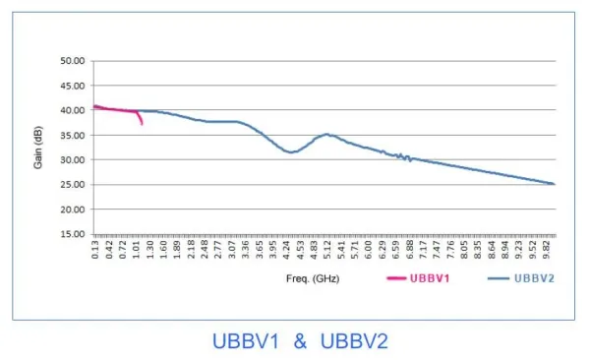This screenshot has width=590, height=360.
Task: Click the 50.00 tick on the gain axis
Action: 74,60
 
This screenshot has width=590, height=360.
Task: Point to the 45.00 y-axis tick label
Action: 74,86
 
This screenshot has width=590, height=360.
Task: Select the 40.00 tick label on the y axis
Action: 74,110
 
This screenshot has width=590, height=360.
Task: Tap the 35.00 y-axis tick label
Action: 74,135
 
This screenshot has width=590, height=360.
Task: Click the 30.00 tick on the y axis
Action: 74,159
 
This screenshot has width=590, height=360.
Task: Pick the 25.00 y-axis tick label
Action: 74,185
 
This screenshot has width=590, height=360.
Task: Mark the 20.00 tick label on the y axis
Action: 74,210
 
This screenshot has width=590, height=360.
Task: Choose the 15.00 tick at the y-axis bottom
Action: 74,234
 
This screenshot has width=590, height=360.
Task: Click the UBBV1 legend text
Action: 430,279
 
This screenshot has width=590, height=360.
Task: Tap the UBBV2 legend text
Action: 535,279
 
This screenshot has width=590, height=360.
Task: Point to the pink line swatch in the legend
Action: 396,279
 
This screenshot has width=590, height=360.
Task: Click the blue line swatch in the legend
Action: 501,279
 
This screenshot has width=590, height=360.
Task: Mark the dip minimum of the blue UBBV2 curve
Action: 290,152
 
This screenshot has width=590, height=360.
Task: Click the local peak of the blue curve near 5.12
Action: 328,134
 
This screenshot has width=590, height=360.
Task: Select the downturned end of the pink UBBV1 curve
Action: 143,123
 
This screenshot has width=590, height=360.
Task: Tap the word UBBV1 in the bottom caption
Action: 246,341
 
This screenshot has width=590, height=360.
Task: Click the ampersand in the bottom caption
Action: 301,341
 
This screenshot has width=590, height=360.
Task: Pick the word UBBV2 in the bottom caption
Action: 355,341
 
